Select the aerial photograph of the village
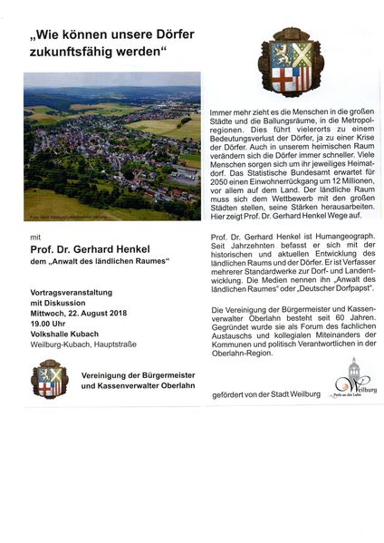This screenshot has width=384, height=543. click(113, 150)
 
